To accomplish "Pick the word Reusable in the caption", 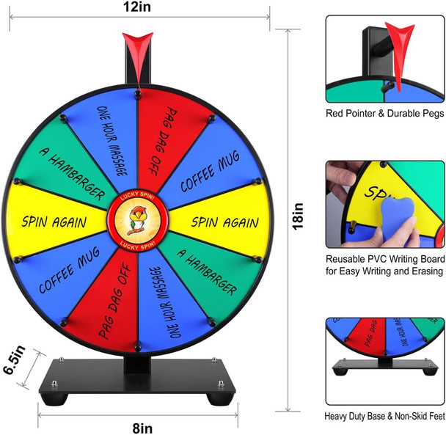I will click(350, 260).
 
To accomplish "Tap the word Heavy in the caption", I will click(340, 416).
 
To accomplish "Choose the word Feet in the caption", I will click(435, 416).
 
